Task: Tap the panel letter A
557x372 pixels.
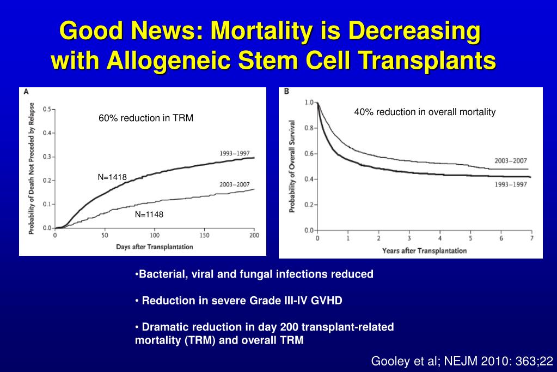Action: click(x=26, y=92)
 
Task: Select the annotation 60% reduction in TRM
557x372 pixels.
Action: click(x=146, y=118)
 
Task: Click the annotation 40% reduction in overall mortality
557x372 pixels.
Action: click(x=425, y=112)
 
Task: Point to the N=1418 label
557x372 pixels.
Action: click(x=112, y=177)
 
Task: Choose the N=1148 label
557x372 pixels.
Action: click(x=149, y=214)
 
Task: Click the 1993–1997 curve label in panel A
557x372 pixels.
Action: click(x=235, y=153)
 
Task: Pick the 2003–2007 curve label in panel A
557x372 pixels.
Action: click(x=235, y=184)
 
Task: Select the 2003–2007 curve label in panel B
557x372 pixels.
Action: click(x=511, y=161)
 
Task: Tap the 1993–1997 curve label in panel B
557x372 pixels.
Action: click(x=510, y=185)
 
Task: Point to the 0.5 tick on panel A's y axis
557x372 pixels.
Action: click(x=46, y=109)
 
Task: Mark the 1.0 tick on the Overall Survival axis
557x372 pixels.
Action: click(x=309, y=102)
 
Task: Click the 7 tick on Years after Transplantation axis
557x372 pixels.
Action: click(x=532, y=238)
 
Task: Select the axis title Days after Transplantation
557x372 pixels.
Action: click(x=154, y=247)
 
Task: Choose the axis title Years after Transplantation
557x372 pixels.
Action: click(x=424, y=250)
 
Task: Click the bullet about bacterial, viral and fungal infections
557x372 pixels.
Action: click(x=254, y=274)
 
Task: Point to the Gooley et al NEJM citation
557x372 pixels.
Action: click(x=462, y=361)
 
